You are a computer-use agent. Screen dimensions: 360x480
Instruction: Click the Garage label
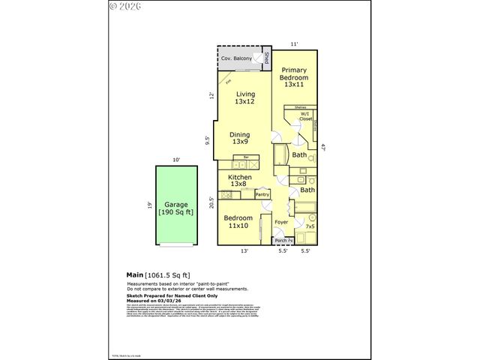175,208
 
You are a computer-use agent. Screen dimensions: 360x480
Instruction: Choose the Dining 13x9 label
240,138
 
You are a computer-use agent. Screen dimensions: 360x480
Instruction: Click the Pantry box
262,194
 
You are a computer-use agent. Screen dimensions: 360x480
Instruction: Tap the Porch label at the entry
280,241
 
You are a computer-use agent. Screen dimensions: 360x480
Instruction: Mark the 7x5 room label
310,226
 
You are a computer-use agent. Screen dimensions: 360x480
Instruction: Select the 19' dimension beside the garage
150,205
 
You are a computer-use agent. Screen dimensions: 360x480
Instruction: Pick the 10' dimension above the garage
175,160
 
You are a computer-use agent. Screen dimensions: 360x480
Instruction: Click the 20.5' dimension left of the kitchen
212,202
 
